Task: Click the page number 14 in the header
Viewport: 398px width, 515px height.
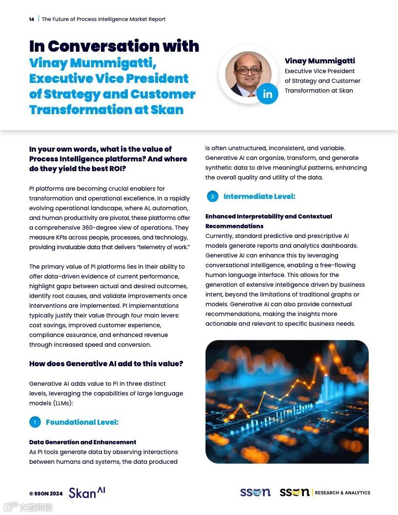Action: pos(32,20)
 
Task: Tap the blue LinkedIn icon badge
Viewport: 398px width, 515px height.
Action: pos(267,94)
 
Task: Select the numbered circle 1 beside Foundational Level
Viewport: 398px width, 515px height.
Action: pos(35,422)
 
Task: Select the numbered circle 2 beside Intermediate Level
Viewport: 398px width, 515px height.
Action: pos(212,197)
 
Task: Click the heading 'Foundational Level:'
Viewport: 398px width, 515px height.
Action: pos(82,422)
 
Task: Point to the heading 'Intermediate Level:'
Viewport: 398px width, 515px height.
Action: pos(259,197)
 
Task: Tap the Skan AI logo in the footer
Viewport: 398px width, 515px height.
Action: pos(87,493)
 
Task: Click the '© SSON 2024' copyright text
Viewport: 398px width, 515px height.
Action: pos(46,494)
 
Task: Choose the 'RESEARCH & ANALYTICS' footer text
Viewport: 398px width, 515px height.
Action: pos(342,493)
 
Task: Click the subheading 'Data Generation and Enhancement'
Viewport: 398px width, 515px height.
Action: pos(83,442)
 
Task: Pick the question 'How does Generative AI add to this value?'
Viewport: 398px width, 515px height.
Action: pos(106,364)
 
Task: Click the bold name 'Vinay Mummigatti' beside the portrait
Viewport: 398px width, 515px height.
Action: pos(319,61)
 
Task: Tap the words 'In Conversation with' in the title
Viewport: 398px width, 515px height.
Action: pos(114,46)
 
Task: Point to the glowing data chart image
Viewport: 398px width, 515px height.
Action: pos(287,401)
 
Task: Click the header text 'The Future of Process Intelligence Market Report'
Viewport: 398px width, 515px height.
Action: pos(103,20)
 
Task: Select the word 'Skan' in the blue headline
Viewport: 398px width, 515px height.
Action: pos(167,109)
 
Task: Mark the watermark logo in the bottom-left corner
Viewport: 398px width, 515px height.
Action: pos(28,507)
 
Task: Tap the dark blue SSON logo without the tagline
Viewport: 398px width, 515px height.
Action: pos(255,493)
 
